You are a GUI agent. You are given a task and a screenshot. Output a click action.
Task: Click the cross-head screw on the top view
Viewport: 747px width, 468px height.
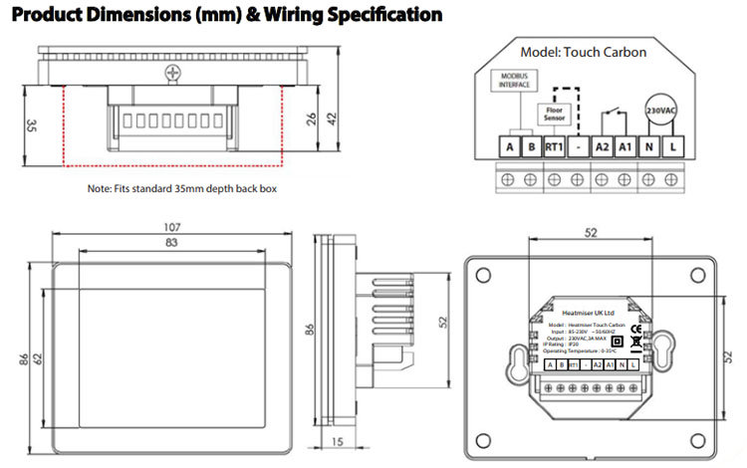tap(175, 72)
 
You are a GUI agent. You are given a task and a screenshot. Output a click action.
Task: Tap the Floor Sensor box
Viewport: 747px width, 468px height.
tap(555, 116)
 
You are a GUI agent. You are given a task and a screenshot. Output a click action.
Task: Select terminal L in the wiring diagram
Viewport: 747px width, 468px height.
tap(674, 147)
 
